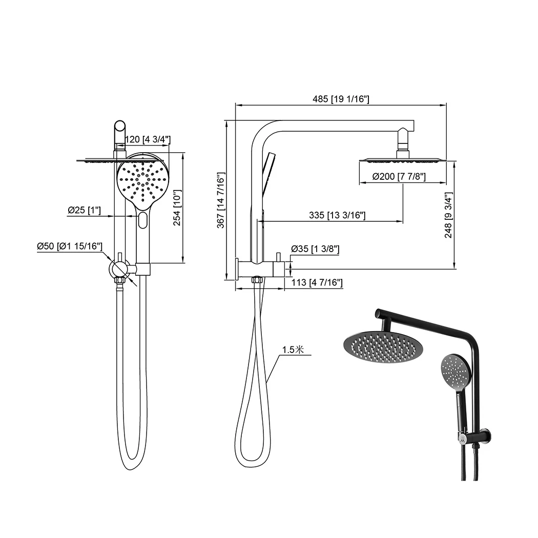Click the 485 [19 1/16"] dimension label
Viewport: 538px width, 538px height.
[341, 99]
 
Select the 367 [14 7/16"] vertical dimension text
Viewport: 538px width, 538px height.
[221, 200]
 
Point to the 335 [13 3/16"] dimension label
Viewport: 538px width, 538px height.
[337, 215]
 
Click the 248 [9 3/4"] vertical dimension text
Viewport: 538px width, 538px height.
[449, 216]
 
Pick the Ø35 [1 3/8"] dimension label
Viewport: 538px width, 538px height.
[315, 250]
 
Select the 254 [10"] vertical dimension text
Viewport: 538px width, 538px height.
[191, 208]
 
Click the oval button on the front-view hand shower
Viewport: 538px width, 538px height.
[142, 221]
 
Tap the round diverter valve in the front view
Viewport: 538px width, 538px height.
[119, 268]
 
